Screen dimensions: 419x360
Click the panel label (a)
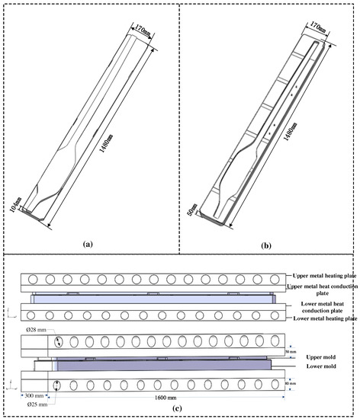88,244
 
